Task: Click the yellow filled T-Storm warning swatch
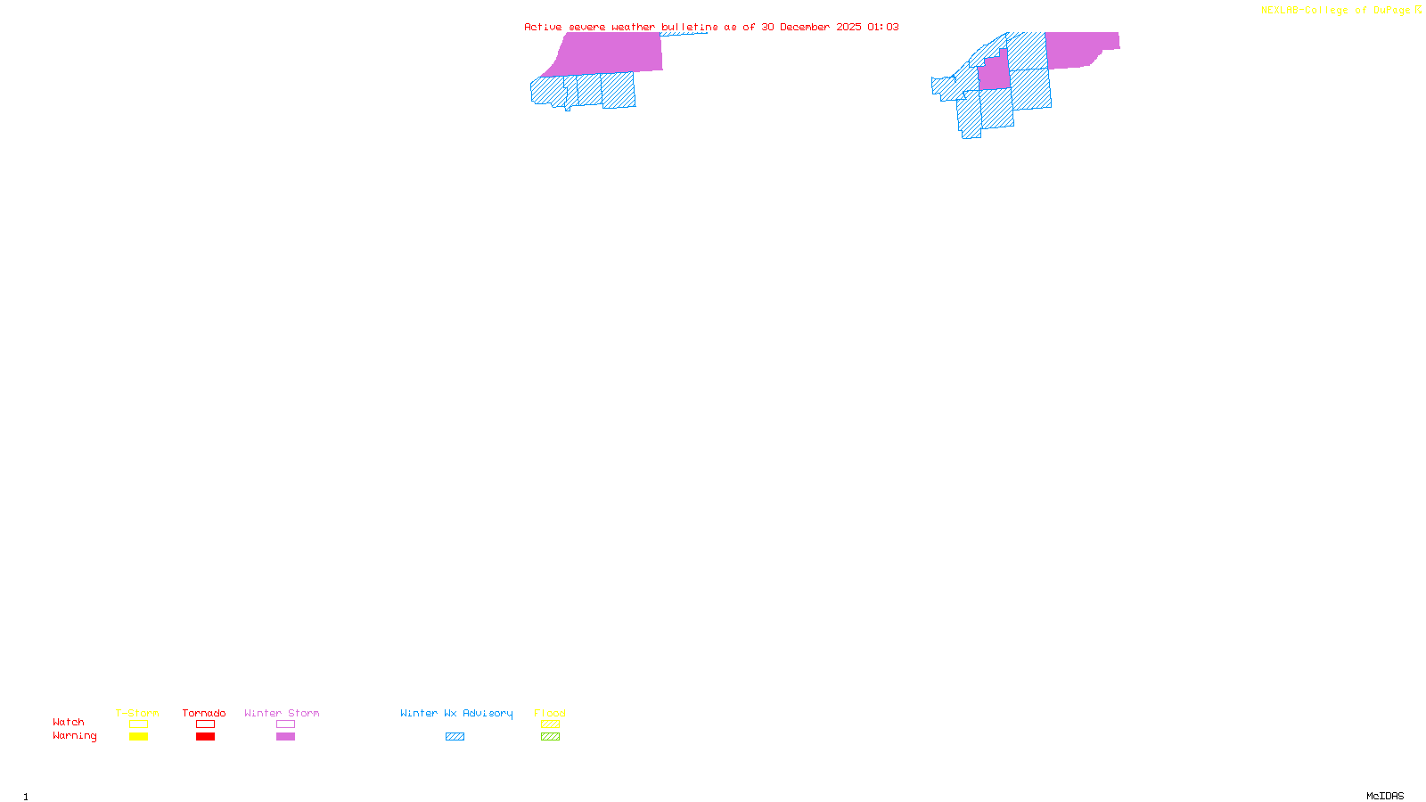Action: (138, 737)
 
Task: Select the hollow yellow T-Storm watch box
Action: (138, 724)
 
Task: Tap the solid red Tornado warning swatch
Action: (206, 737)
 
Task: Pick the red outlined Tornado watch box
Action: (206, 724)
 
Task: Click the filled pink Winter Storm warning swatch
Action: (285, 737)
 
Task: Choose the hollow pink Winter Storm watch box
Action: (285, 724)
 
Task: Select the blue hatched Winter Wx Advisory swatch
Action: (455, 737)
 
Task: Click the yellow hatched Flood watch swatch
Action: (550, 724)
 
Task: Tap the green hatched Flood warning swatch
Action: (550, 737)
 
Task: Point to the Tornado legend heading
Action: (204, 713)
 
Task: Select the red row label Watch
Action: (69, 722)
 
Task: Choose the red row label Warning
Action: (75, 736)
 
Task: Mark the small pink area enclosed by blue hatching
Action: (995, 73)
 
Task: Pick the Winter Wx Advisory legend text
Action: (456, 713)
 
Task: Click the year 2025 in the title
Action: (848, 27)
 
